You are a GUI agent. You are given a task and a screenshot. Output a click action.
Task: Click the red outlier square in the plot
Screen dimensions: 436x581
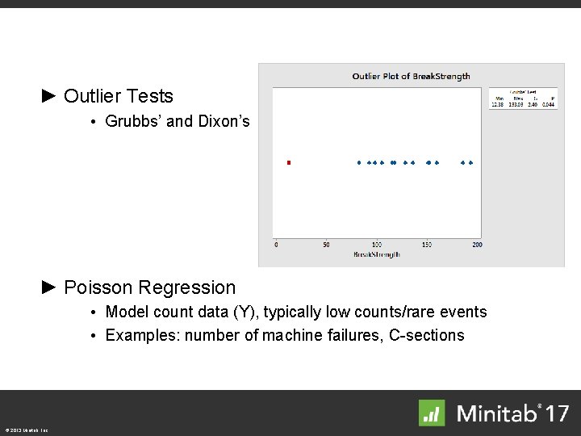pyautogui.click(x=289, y=162)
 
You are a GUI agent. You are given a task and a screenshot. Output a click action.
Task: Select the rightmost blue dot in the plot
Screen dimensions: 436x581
pyautogui.click(x=470, y=162)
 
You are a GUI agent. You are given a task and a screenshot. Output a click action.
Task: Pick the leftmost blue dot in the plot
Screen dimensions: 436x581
pyautogui.click(x=360, y=162)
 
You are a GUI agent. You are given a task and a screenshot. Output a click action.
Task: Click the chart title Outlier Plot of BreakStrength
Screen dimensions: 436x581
pyautogui.click(x=411, y=77)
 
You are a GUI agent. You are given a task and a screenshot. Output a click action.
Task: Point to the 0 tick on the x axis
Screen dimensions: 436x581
pyautogui.click(x=277, y=245)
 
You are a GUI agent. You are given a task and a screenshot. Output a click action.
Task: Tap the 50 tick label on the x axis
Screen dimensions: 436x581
pyautogui.click(x=326, y=245)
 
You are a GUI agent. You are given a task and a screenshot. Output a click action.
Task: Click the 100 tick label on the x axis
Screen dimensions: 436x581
pyautogui.click(x=376, y=245)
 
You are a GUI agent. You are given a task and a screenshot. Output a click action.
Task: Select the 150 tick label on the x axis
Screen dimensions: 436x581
pyautogui.click(x=427, y=245)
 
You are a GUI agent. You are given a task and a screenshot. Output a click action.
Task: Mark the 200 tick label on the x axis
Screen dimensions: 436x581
pyautogui.click(x=477, y=245)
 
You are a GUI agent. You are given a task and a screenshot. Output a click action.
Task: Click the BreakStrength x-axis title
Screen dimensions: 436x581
pyautogui.click(x=377, y=254)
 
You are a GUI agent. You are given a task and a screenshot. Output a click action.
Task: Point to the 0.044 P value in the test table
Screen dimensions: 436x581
pyautogui.click(x=548, y=104)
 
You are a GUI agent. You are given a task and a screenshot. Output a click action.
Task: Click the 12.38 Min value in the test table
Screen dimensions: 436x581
pyautogui.click(x=499, y=104)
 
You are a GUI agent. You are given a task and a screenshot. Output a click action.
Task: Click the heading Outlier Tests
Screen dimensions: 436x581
pyautogui.click(x=119, y=96)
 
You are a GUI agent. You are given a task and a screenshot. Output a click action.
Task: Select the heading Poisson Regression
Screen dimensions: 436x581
pyautogui.click(x=149, y=287)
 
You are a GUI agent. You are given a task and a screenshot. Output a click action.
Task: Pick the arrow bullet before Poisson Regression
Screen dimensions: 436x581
pyautogui.click(x=49, y=287)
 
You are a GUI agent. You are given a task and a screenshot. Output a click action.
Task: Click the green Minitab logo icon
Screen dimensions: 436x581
pyautogui.click(x=432, y=413)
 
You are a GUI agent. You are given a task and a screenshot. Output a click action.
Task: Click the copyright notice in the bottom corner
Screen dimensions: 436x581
pyautogui.click(x=27, y=430)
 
